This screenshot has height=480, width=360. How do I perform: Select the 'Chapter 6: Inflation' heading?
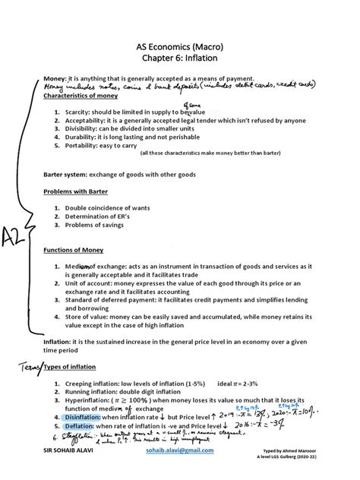(180, 61)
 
